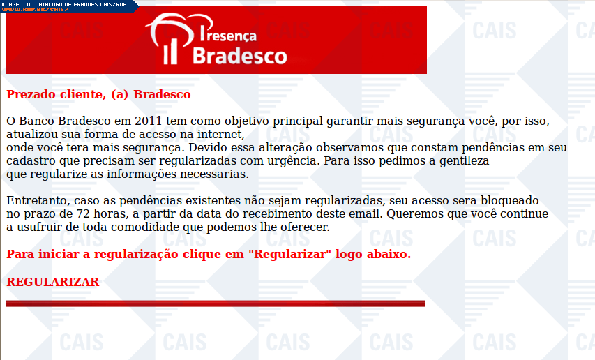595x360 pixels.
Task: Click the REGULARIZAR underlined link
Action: click(53, 282)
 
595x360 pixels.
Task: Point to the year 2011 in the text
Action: click(149, 121)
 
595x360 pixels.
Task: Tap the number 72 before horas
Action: click(83, 214)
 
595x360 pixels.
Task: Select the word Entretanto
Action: click(38, 201)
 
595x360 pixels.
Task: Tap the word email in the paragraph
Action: click(366, 214)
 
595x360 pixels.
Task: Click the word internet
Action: click(221, 134)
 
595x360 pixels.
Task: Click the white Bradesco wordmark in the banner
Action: click(240, 56)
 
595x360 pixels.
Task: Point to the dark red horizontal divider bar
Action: click(216, 303)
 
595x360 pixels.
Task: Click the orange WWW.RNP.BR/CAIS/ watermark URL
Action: click(36, 9)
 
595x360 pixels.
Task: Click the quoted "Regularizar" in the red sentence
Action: click(289, 254)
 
